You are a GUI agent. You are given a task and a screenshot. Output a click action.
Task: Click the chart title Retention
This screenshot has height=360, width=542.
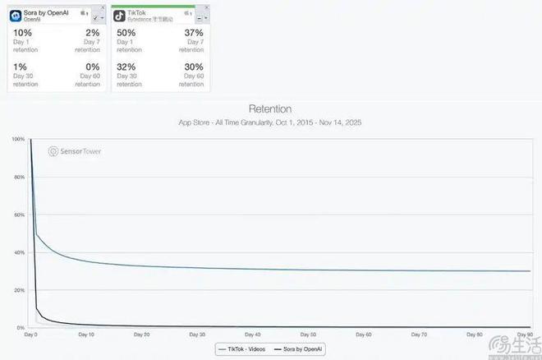(x=269, y=108)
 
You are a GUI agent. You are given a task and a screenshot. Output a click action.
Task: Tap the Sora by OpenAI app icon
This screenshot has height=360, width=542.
(x=15, y=14)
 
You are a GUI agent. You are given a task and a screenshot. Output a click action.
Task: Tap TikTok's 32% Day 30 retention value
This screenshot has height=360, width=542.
(x=126, y=67)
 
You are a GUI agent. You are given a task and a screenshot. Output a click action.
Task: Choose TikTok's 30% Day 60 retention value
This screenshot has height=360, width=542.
(x=193, y=67)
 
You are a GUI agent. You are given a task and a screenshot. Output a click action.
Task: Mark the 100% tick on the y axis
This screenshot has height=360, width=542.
(x=18, y=139)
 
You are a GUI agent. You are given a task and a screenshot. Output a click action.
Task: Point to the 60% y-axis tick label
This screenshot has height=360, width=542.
(x=19, y=215)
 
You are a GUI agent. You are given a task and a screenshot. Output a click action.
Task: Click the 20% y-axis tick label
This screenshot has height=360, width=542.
(x=19, y=290)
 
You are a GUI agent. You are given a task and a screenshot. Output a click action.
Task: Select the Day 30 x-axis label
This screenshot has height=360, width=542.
(x=197, y=335)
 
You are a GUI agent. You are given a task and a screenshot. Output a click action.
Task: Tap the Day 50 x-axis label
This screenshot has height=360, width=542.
(x=308, y=335)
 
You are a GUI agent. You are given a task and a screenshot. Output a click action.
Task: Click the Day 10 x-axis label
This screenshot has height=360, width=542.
(x=86, y=335)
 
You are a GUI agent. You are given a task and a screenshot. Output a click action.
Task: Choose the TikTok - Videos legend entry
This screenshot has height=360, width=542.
(x=247, y=349)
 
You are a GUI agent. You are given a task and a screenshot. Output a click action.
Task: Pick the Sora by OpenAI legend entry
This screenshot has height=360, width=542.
(x=303, y=349)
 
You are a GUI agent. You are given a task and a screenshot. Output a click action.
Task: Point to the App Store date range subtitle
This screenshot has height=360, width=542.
(x=269, y=122)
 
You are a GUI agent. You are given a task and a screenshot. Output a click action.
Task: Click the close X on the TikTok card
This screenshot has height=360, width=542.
(x=206, y=7)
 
